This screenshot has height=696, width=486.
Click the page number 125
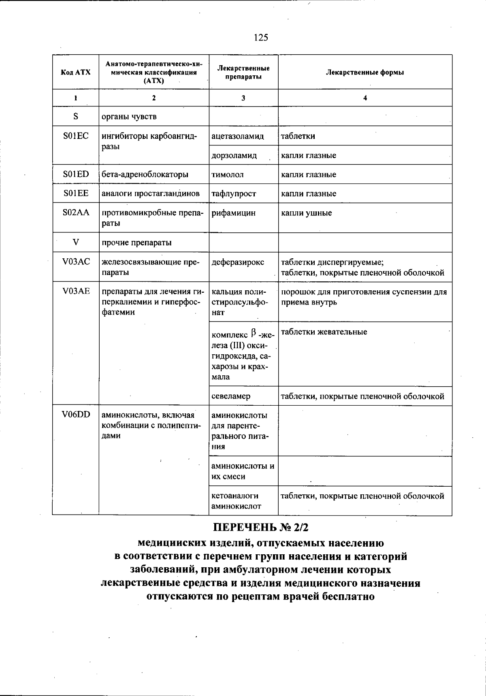click(x=261, y=38)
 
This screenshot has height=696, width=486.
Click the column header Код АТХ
click(x=76, y=72)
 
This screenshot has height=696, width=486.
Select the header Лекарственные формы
click(x=365, y=72)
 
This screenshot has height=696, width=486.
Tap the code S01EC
click(x=76, y=136)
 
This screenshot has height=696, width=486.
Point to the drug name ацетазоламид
click(x=237, y=136)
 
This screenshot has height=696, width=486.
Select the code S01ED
click(x=76, y=175)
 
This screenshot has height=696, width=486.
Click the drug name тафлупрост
click(x=234, y=194)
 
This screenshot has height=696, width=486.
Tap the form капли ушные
click(x=306, y=213)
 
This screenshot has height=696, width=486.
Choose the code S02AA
click(x=76, y=213)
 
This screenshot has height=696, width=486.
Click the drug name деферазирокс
click(x=238, y=262)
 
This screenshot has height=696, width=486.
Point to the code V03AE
click(x=76, y=292)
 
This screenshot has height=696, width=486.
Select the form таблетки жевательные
click(x=324, y=332)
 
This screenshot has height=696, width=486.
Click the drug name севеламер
click(x=231, y=396)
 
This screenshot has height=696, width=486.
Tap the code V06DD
click(x=76, y=415)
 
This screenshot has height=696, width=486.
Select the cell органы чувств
click(x=129, y=117)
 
